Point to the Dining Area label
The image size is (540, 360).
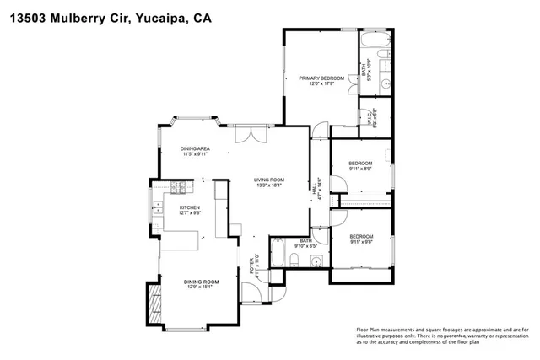point(195,148)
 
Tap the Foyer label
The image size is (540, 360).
point(251,266)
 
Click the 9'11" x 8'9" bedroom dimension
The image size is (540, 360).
point(361,169)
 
